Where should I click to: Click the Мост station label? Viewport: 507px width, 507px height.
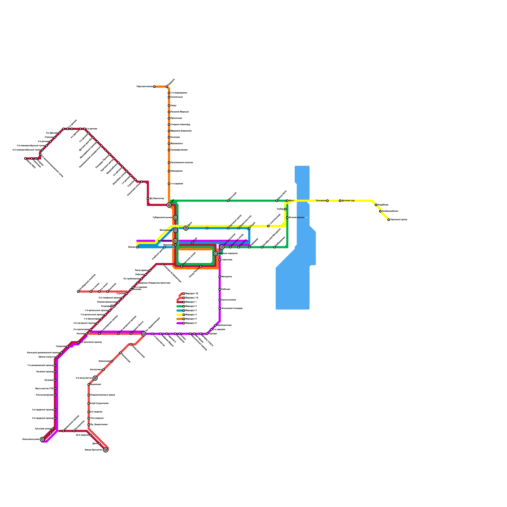point(292,201)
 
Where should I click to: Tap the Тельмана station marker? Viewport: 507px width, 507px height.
point(327,201)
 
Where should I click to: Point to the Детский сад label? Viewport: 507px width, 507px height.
point(348,201)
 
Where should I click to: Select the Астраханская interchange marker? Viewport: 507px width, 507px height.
point(175,241)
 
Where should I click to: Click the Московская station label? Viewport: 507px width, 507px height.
point(166,230)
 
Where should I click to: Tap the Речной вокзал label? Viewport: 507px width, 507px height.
point(297,217)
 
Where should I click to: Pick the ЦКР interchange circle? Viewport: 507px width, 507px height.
point(169,205)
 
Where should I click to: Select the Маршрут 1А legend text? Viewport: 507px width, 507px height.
point(192,298)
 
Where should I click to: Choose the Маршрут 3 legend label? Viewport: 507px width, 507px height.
point(191,311)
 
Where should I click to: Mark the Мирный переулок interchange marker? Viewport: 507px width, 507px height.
point(215,253)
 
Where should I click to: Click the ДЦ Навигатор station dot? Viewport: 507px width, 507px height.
point(148,199)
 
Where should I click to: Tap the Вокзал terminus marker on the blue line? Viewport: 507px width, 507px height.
point(137,247)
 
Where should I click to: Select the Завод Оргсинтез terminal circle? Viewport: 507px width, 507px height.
point(106,450)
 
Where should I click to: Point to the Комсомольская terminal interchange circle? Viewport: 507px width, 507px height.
point(42,439)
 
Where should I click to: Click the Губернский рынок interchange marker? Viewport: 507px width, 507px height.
point(175,217)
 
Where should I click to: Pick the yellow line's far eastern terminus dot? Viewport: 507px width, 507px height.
point(389,220)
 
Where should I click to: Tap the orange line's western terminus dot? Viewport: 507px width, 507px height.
point(154,87)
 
